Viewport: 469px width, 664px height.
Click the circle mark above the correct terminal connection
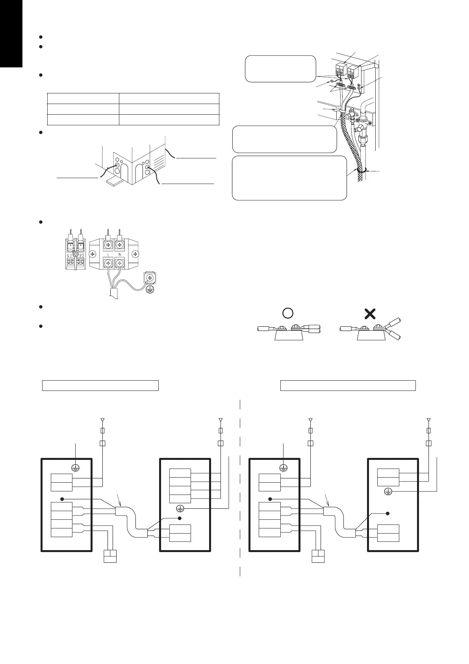pyautogui.click(x=288, y=313)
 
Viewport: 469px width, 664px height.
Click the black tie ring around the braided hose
pyautogui.click(x=361, y=171)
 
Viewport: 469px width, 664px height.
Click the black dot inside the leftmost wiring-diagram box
pyautogui.click(x=62, y=499)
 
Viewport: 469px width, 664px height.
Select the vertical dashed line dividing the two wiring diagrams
pyautogui.click(x=240, y=489)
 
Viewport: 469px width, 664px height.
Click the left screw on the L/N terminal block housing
pyautogui.click(x=93, y=253)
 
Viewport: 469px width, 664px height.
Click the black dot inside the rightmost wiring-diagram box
pyautogui.click(x=388, y=513)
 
